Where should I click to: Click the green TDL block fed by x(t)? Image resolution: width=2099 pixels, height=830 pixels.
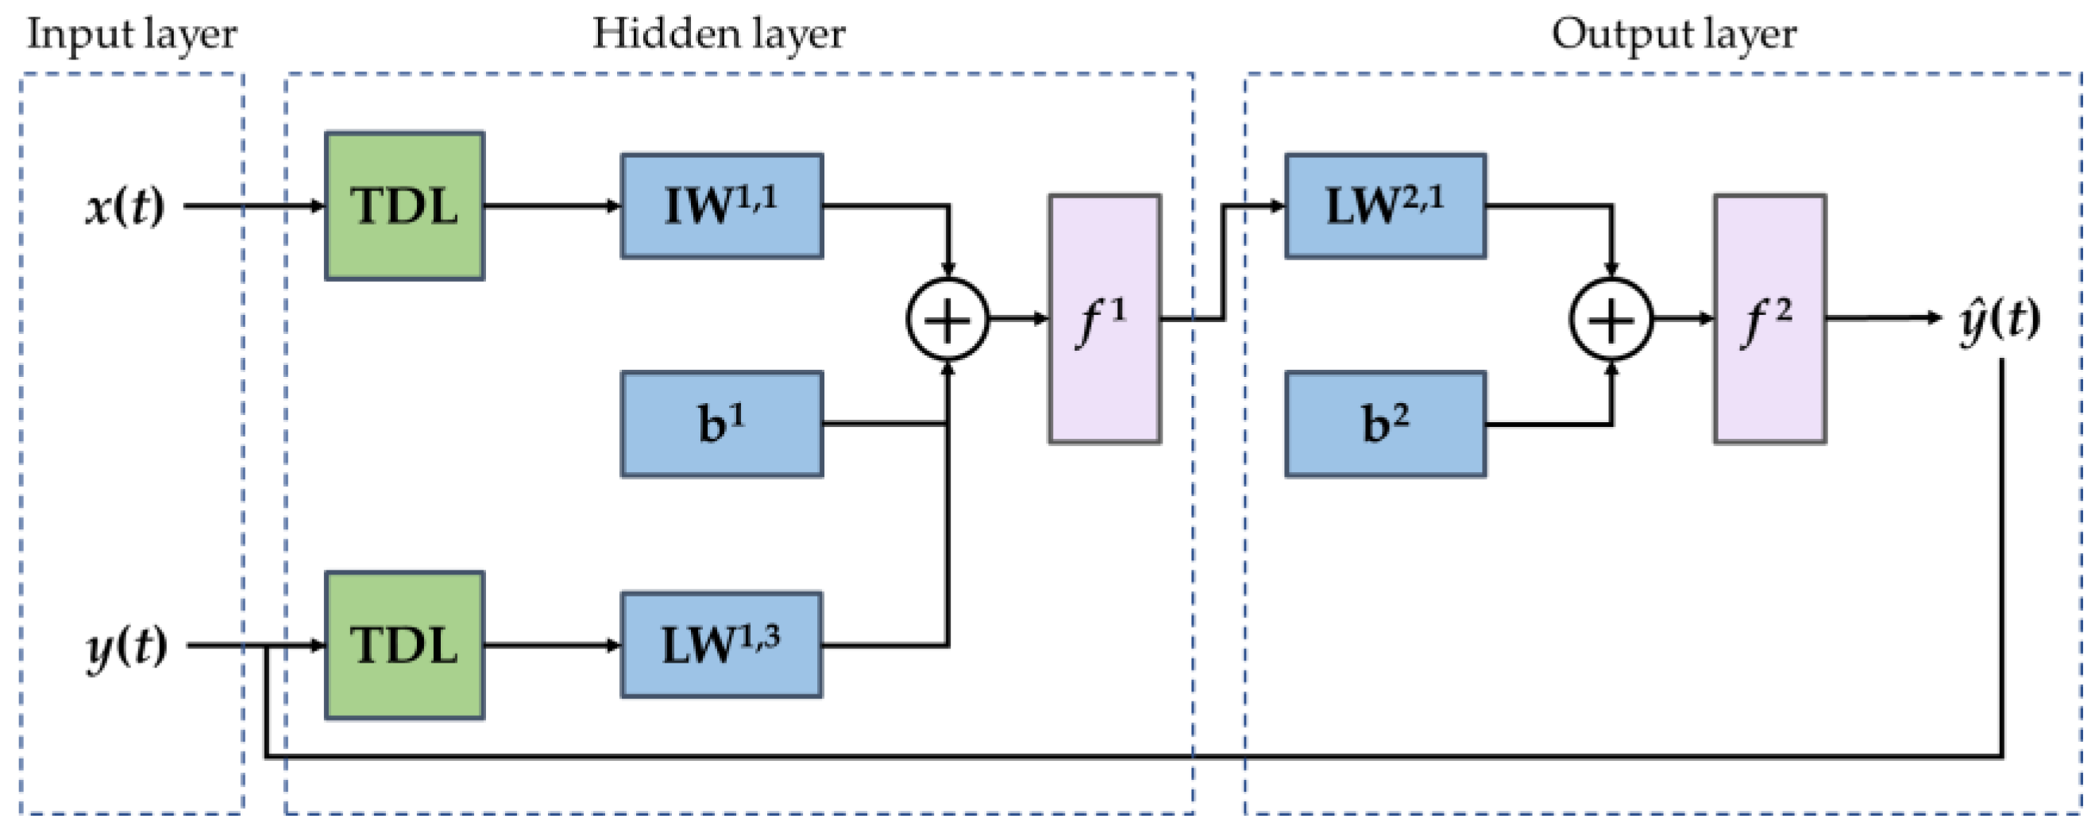coord(405,206)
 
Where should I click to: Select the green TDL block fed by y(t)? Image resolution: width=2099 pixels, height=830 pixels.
coord(405,645)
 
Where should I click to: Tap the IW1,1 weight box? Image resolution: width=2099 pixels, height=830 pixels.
coord(722,206)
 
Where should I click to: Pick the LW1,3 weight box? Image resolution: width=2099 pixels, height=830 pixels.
coord(722,645)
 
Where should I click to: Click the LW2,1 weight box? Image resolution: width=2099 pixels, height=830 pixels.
coord(1385,206)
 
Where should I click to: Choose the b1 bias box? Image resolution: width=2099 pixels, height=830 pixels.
coord(722,424)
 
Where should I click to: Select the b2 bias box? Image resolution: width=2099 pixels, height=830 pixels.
coord(1385,424)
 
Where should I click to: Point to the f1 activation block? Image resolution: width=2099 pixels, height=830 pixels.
coord(1105,319)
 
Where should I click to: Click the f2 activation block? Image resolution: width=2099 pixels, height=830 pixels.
coord(1769,319)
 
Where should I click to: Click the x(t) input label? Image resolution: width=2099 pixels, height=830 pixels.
coord(125,207)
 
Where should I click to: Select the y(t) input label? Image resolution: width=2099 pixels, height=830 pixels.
coord(127,648)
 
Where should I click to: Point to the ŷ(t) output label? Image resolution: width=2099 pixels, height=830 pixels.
coord(2001,319)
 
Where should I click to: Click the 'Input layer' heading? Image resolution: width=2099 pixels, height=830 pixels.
coord(132,35)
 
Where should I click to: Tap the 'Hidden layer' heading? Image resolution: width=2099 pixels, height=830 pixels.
coord(719,35)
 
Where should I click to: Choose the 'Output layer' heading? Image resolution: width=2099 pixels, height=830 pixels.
coord(1673,35)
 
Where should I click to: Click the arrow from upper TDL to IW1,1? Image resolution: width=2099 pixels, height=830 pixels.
coord(553,206)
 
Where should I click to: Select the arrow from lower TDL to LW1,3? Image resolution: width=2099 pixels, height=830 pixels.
coord(553,645)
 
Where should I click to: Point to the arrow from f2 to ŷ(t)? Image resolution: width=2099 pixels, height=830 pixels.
coord(1885,317)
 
